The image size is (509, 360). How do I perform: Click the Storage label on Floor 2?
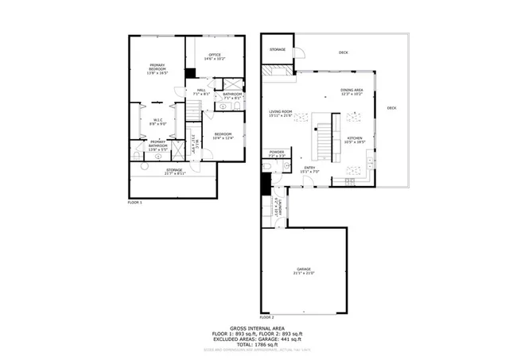point(277,49)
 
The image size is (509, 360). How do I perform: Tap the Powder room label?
point(277,153)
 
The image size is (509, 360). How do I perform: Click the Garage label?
point(305,270)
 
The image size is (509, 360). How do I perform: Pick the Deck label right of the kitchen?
point(391,108)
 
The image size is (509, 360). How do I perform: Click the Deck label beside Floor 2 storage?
point(344,52)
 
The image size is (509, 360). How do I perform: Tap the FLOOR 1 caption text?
point(134,203)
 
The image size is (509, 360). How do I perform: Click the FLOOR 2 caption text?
point(266,316)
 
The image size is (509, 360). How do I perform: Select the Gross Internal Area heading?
point(254,327)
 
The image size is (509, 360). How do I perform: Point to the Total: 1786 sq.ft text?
point(254,344)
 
